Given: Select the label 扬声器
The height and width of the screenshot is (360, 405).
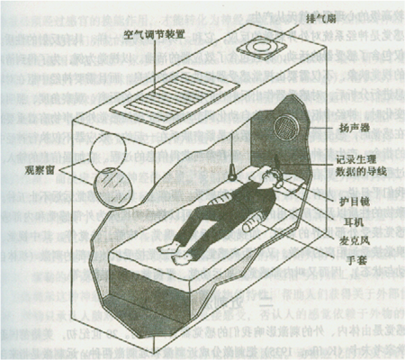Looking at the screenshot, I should [x=352, y=129].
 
